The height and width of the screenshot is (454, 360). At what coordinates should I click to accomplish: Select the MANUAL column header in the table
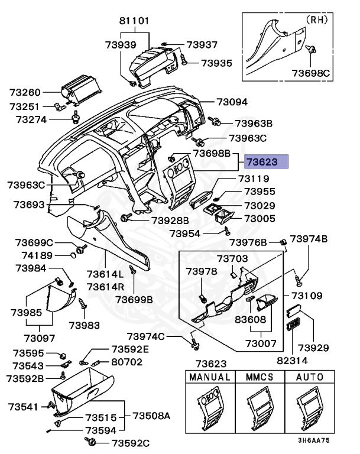point(209,377)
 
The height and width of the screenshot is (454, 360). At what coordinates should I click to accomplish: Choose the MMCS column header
point(260,377)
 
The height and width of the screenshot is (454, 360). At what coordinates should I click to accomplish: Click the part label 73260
point(25,93)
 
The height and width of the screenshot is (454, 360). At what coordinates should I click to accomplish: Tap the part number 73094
point(232,102)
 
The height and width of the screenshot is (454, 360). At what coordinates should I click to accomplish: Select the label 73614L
point(105,274)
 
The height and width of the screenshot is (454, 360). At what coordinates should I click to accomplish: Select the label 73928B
point(170,220)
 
